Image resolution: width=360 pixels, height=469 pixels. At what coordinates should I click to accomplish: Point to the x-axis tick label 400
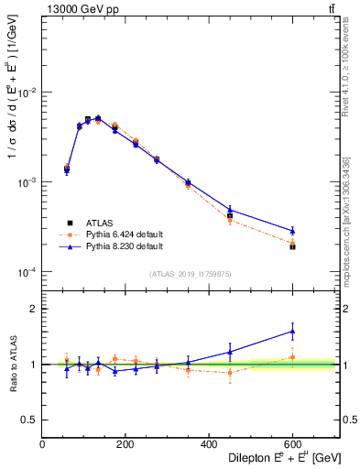coord(209,444)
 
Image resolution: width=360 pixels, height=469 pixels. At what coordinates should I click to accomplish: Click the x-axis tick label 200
coord(125,444)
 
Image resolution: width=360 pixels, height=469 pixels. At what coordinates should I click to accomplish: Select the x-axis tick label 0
coord(42,444)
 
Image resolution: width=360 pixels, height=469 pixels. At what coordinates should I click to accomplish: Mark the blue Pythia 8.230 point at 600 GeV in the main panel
coord(292,231)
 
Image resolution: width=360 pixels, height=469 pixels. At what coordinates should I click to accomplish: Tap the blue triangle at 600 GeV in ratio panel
coord(292,332)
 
